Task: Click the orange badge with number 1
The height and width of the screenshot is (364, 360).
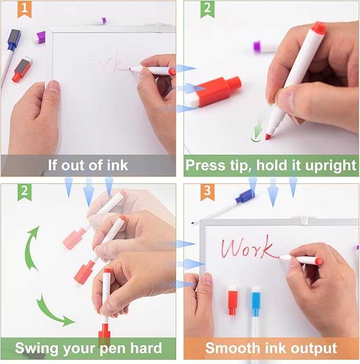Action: coord(24,10)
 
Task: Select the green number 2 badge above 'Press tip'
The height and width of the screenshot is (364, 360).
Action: coord(207,10)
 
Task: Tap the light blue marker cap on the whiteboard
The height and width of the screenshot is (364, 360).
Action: coord(256,301)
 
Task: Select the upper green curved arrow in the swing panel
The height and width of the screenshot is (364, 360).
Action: coord(30,248)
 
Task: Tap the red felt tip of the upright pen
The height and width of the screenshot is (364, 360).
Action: coord(268,137)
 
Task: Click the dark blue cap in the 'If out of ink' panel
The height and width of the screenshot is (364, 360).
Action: coord(14,39)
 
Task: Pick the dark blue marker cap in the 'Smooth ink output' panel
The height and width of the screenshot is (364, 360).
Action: coord(244,196)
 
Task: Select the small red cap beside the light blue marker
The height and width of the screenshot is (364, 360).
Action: coord(233,300)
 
